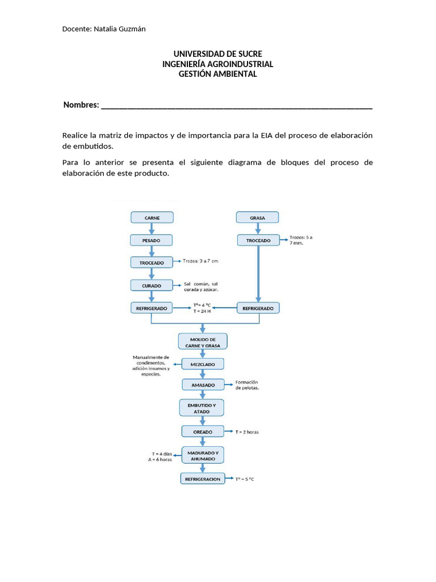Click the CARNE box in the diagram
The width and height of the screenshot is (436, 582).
pyautogui.click(x=152, y=218)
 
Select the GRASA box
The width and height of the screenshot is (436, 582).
pyautogui.click(x=258, y=218)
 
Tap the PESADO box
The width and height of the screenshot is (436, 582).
pyautogui.click(x=152, y=240)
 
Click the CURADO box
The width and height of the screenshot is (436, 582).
pyautogui.click(x=152, y=286)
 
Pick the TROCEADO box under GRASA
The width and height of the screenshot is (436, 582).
pyautogui.click(x=258, y=240)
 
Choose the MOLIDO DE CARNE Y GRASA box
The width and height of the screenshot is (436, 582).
pyautogui.click(x=203, y=342)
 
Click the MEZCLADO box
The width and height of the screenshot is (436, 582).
pyautogui.click(x=203, y=364)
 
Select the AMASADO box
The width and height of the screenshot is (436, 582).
pyautogui.click(x=203, y=385)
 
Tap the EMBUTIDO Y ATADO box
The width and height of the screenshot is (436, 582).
pyautogui.click(x=202, y=408)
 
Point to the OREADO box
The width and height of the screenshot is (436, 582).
pyautogui.click(x=203, y=432)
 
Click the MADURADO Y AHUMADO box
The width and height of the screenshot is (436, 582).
pyautogui.click(x=203, y=455)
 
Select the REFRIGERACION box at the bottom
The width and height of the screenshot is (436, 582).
pyautogui.click(x=203, y=479)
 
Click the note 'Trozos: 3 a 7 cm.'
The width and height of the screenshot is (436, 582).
pyautogui.click(x=200, y=261)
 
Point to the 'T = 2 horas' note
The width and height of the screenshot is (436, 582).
pyautogui.click(x=247, y=433)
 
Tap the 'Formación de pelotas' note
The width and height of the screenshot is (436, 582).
pyautogui.click(x=247, y=385)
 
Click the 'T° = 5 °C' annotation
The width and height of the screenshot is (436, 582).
pyautogui.click(x=245, y=480)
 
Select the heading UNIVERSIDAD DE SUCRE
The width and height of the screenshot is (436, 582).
pyautogui.click(x=217, y=54)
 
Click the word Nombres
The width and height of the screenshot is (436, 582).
pyautogui.click(x=81, y=105)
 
